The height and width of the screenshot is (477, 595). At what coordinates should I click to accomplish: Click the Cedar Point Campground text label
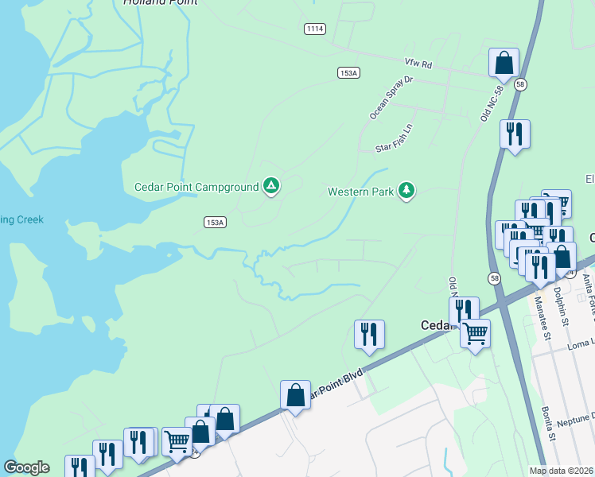[x=195, y=187]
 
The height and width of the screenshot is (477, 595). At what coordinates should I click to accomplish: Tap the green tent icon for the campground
[x=271, y=186]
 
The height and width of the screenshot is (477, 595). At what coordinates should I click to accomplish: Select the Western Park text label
[x=361, y=192]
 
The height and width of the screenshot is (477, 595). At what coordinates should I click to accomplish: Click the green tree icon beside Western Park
[x=406, y=190]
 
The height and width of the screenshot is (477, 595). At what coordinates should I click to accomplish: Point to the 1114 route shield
[x=315, y=29]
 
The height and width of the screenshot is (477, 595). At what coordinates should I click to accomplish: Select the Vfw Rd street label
[x=417, y=63]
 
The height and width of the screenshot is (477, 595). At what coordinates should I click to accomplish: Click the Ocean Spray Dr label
[x=391, y=98]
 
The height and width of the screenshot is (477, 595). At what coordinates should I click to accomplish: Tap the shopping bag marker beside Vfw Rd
[x=504, y=63]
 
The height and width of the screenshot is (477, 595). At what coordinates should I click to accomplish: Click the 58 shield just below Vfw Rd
[x=520, y=84]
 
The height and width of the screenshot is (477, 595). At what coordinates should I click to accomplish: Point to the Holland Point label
[x=160, y=2]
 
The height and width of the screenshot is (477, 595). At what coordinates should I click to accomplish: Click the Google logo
[x=26, y=467]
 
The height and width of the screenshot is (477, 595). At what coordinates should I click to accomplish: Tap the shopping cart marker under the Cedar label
[x=475, y=333]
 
